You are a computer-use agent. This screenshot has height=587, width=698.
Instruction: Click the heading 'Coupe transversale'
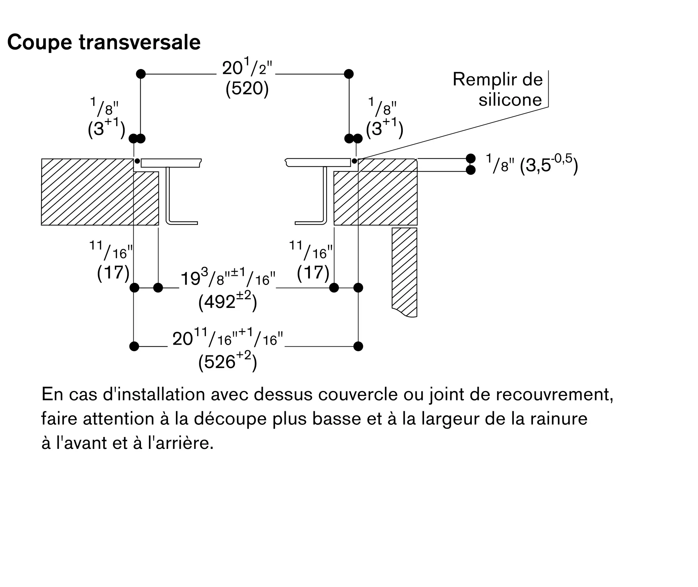pyautogui.click(x=104, y=43)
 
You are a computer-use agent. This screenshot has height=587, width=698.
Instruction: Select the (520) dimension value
pyautogui.click(x=247, y=89)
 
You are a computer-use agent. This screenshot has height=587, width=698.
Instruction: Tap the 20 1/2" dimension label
pyautogui.click(x=247, y=67)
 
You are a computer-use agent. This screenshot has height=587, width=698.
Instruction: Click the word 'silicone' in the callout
pyautogui.click(x=510, y=100)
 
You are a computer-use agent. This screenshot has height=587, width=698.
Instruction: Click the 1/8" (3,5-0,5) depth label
pyautogui.click(x=532, y=164)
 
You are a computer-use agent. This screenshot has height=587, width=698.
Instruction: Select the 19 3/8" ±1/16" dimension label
pyautogui.click(x=228, y=278)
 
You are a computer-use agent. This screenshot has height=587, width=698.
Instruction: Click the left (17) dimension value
pyautogui.click(x=113, y=272)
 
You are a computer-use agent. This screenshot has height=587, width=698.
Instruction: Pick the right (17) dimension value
pyautogui.click(x=313, y=272)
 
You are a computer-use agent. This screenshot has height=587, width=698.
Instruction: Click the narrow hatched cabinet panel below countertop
pyautogui.click(x=404, y=272)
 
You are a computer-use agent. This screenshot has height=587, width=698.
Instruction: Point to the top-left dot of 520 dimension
pyautogui.click(x=141, y=74)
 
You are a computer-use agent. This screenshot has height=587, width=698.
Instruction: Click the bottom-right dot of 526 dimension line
pyautogui.click(x=358, y=346)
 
